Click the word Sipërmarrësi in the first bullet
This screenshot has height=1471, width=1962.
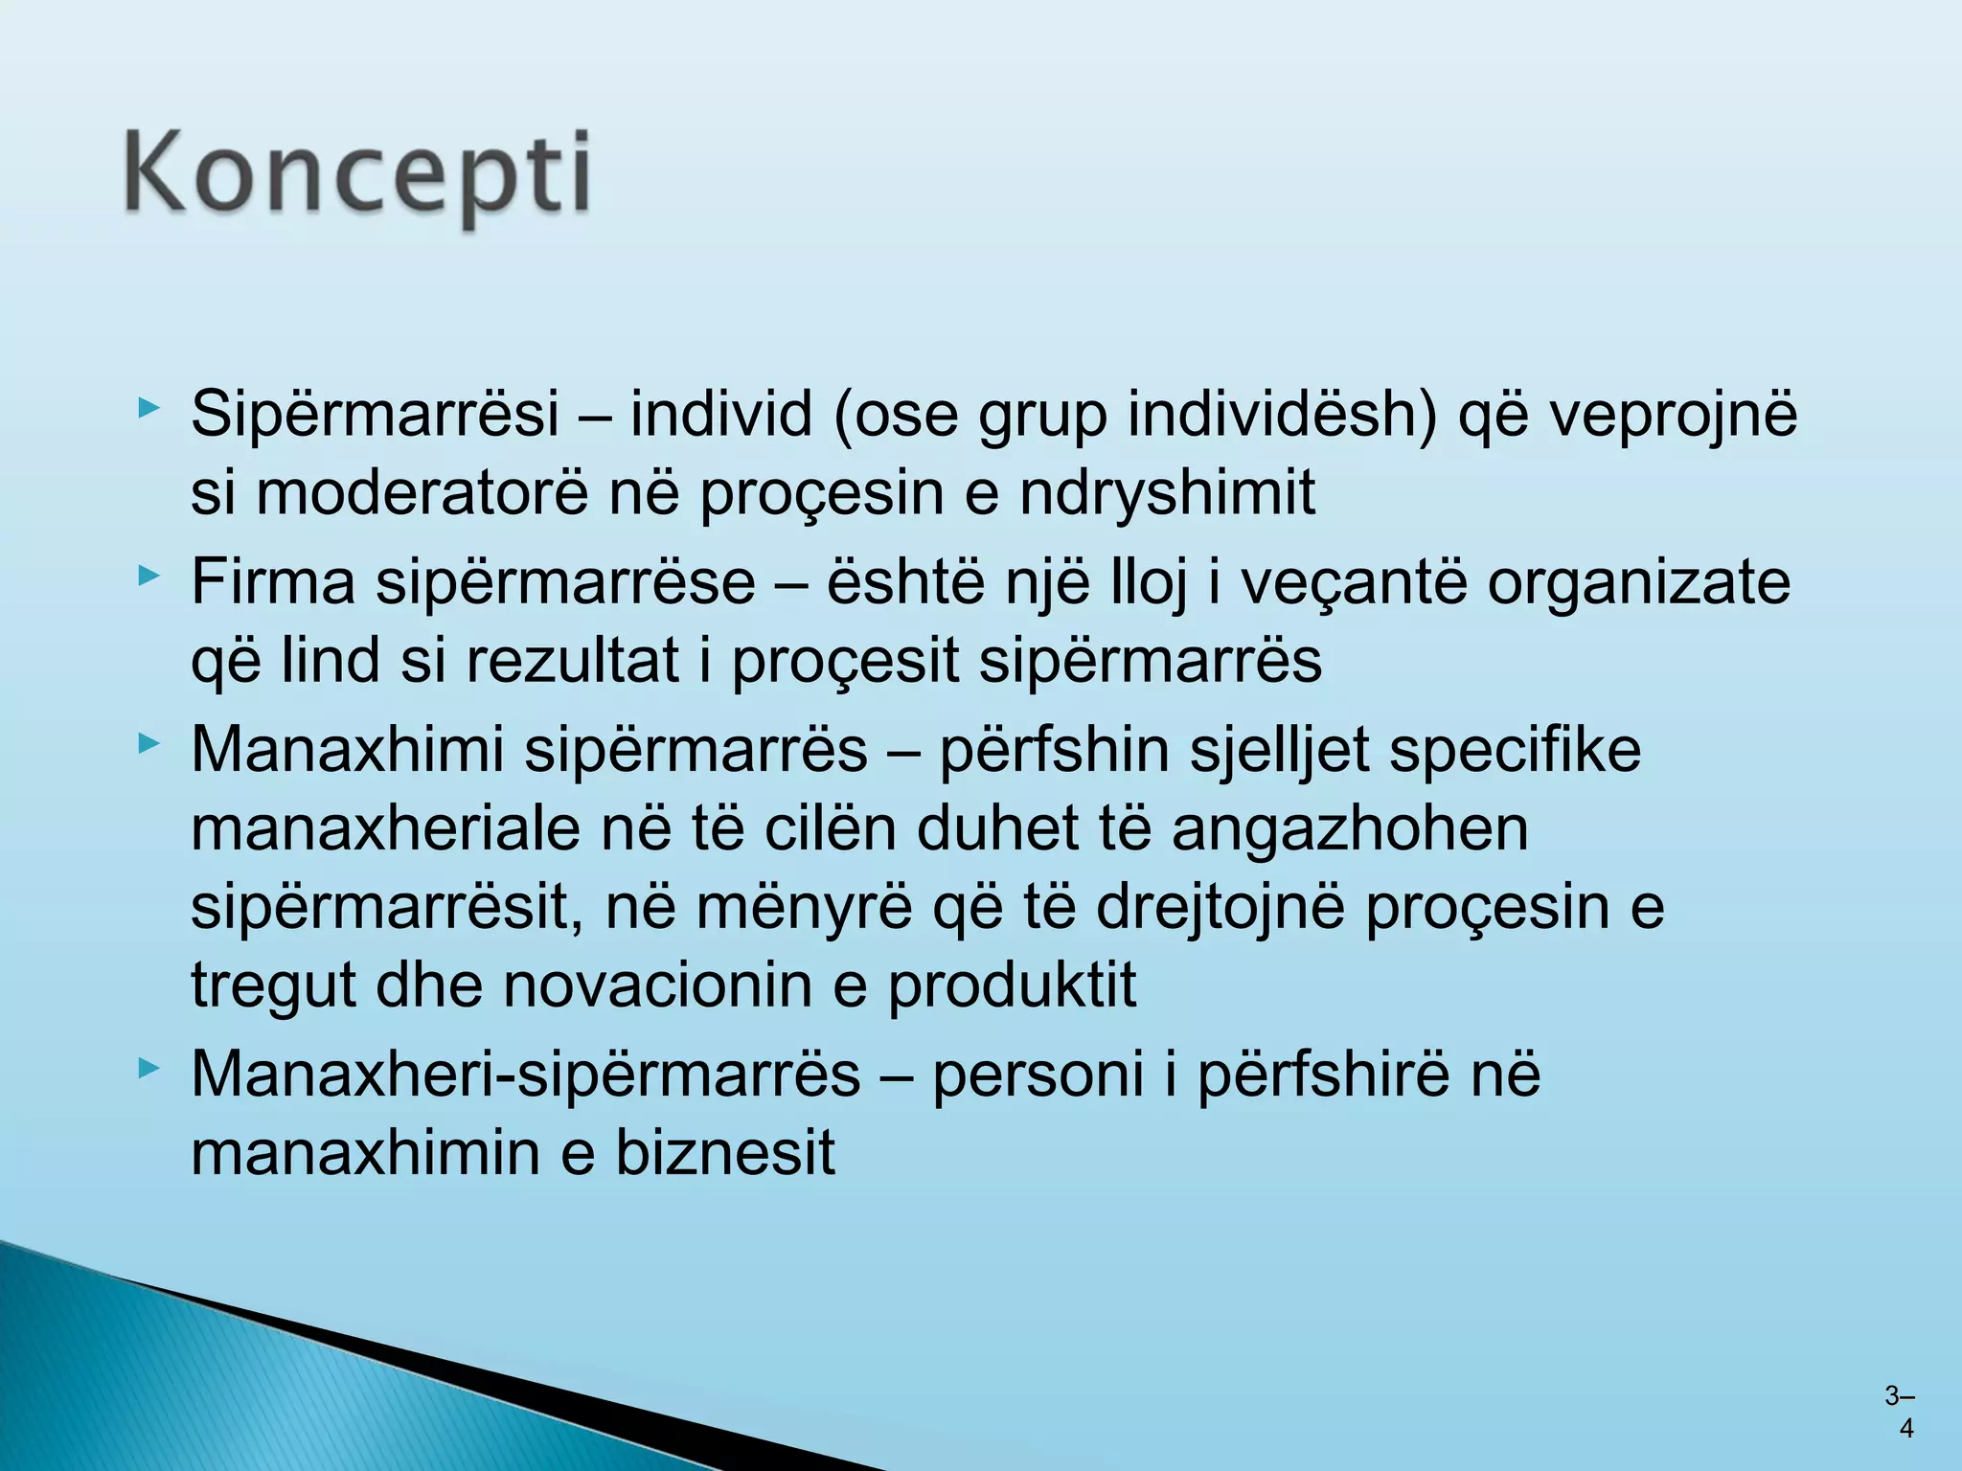click(375, 415)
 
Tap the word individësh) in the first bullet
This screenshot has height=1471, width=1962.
click(1282, 415)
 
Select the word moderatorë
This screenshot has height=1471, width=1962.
click(421, 493)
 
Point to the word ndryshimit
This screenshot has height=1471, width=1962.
click(1167, 493)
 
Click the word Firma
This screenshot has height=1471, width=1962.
click(272, 581)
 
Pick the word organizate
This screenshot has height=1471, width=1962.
click(1638, 581)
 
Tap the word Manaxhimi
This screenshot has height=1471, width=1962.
click(347, 749)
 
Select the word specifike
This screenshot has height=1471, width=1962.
click(1516, 749)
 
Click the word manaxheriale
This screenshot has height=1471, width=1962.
click(385, 828)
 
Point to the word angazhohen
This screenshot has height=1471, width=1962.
click(1350, 828)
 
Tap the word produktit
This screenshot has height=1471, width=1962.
click(1012, 985)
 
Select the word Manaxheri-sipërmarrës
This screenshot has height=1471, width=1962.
click(525, 1074)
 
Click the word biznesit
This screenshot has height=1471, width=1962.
click(724, 1152)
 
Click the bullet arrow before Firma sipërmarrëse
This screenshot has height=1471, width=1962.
click(147, 577)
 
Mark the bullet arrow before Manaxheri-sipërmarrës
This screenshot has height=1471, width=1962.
click(147, 1068)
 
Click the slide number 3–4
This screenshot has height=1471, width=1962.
click(1899, 1412)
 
